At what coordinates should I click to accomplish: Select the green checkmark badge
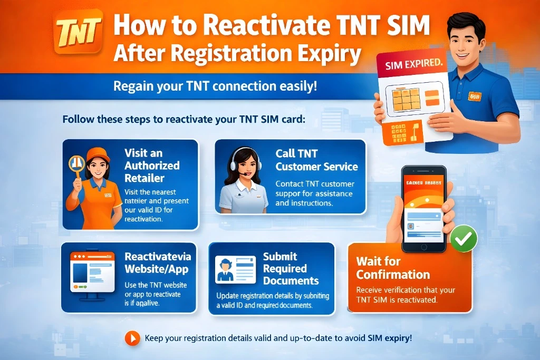pos(464,239)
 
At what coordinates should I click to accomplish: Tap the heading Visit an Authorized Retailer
pos(151,165)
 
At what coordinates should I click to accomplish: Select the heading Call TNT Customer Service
pos(316,160)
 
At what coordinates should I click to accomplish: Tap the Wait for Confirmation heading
pos(393,268)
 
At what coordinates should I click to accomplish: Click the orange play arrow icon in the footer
pos(132,338)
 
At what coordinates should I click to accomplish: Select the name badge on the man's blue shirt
pos(475,96)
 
